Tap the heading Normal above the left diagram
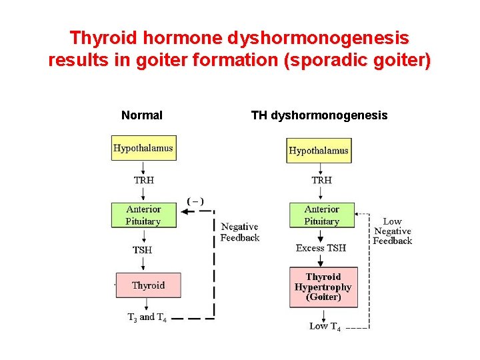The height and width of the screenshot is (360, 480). (x=141, y=115)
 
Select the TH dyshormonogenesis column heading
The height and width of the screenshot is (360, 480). (x=319, y=115)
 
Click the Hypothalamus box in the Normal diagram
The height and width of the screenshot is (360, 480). (x=143, y=148)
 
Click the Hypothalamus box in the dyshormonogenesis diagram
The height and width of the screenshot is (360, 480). (x=318, y=150)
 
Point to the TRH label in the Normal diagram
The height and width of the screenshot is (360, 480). (x=143, y=180)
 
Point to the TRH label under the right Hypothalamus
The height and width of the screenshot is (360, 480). (x=321, y=180)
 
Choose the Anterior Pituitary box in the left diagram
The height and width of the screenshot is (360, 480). (x=143, y=215)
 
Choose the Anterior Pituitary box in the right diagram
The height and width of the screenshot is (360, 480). (x=321, y=215)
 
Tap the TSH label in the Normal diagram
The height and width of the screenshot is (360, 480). (x=142, y=250)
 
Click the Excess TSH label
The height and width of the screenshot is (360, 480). (x=321, y=248)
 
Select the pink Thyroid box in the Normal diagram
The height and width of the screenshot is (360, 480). (x=148, y=285)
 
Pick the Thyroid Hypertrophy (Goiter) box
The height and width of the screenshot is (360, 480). (x=323, y=287)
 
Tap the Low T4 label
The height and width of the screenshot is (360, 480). (x=325, y=327)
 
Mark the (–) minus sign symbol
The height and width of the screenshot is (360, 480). (x=195, y=201)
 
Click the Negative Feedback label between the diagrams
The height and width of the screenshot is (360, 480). (x=239, y=232)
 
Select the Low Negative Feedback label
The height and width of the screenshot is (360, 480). (x=392, y=231)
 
